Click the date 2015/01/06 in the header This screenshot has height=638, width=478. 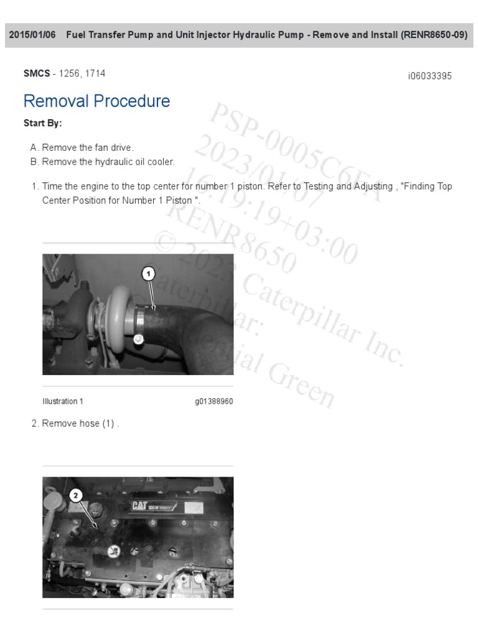[32, 35]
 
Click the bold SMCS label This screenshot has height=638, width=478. [37, 74]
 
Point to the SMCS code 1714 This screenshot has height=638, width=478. [95, 74]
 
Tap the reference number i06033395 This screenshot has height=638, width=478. [429, 76]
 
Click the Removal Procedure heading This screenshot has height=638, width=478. [96, 101]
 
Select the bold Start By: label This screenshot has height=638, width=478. [42, 123]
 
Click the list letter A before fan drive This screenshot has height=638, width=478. [34, 148]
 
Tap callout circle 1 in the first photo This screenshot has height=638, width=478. [148, 273]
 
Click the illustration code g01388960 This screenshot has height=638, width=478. [213, 401]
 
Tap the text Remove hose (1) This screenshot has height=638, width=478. [80, 424]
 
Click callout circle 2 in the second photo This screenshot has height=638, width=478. [75, 495]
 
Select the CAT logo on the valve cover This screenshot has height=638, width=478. [139, 506]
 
